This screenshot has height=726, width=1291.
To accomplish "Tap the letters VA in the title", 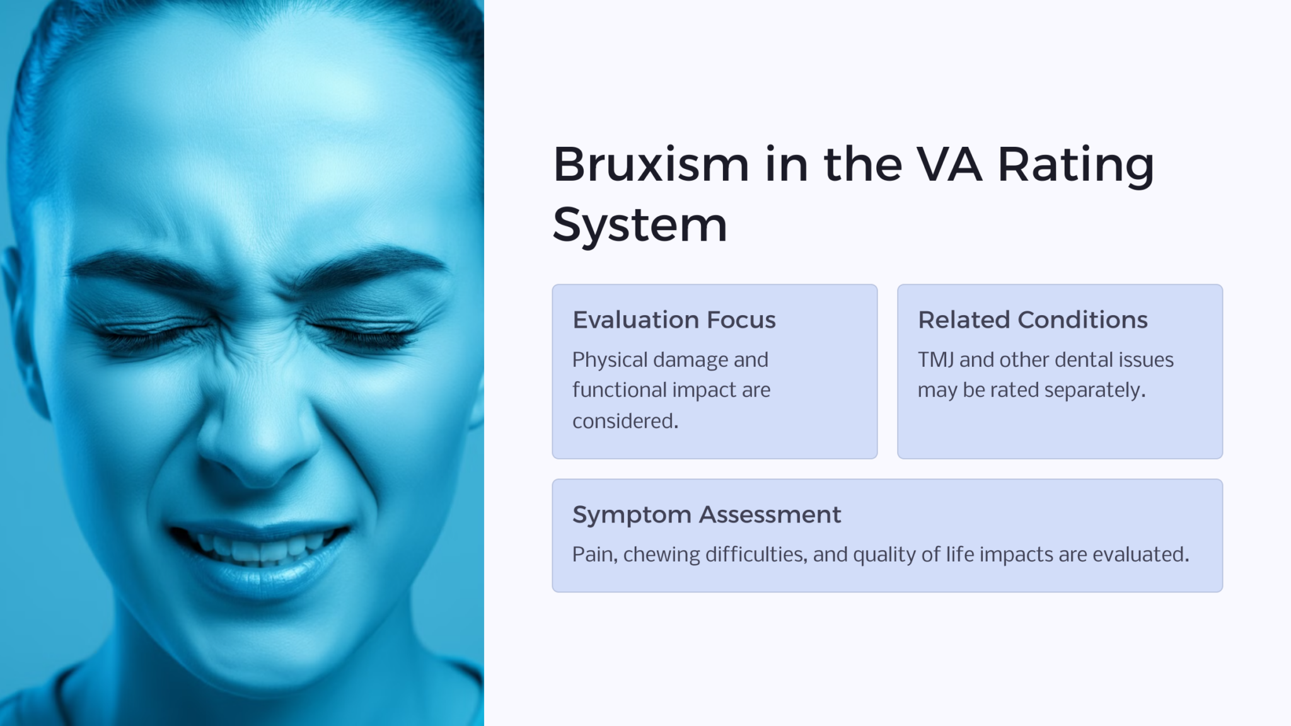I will click(949, 164).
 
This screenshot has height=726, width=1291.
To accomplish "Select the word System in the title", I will click(640, 225).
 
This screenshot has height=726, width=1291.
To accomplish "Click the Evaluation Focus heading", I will click(674, 320).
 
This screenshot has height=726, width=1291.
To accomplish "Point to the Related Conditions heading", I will click(1033, 320).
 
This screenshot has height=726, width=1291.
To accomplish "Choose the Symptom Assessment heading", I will click(706, 515).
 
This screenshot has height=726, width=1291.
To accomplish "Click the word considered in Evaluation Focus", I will click(625, 421).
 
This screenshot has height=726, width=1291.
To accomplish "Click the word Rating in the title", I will click(1075, 164).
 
